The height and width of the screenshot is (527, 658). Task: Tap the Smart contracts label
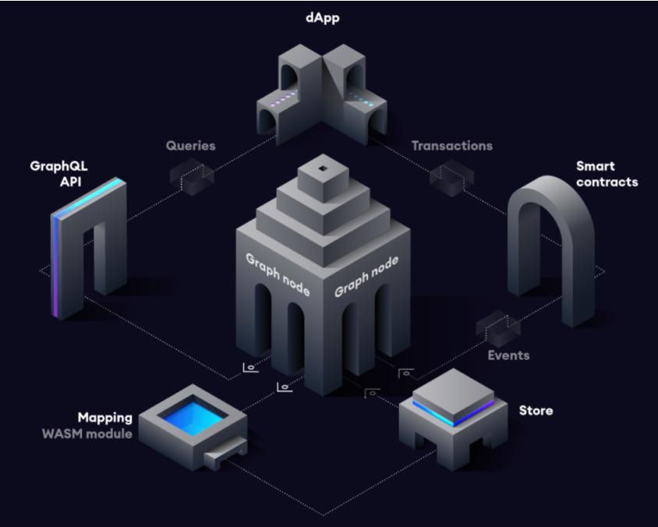click(x=607, y=173)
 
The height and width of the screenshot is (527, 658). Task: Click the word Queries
click(x=190, y=145)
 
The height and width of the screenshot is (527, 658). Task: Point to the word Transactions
click(x=451, y=145)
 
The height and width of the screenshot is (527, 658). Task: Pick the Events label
click(x=508, y=355)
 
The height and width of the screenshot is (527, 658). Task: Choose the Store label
click(x=536, y=410)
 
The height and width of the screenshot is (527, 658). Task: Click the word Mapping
click(x=104, y=418)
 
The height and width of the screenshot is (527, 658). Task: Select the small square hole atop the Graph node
click(x=323, y=168)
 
